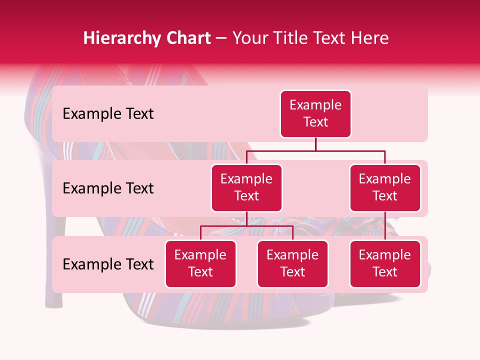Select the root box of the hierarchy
tap(315, 114)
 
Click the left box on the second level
tap(246, 188)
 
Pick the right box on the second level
tap(385, 188)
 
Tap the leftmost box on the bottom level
tap(200, 264)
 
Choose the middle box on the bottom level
tap(292, 264)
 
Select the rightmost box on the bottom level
tap(385, 264)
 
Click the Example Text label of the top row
tap(108, 114)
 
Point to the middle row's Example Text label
tap(108, 188)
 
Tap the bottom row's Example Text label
tap(108, 264)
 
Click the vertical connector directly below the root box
tap(315, 144)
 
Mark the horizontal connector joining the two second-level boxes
tap(315, 150)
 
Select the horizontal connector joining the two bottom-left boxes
tap(246, 226)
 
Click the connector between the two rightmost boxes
tap(385, 226)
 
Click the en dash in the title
tap(221, 39)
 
